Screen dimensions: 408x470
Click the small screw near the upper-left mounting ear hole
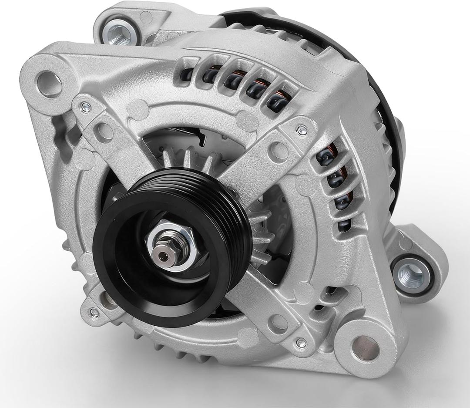pos(86,108)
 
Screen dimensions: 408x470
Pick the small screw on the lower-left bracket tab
pos(93,311)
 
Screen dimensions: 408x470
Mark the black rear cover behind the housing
pos(383,109)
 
